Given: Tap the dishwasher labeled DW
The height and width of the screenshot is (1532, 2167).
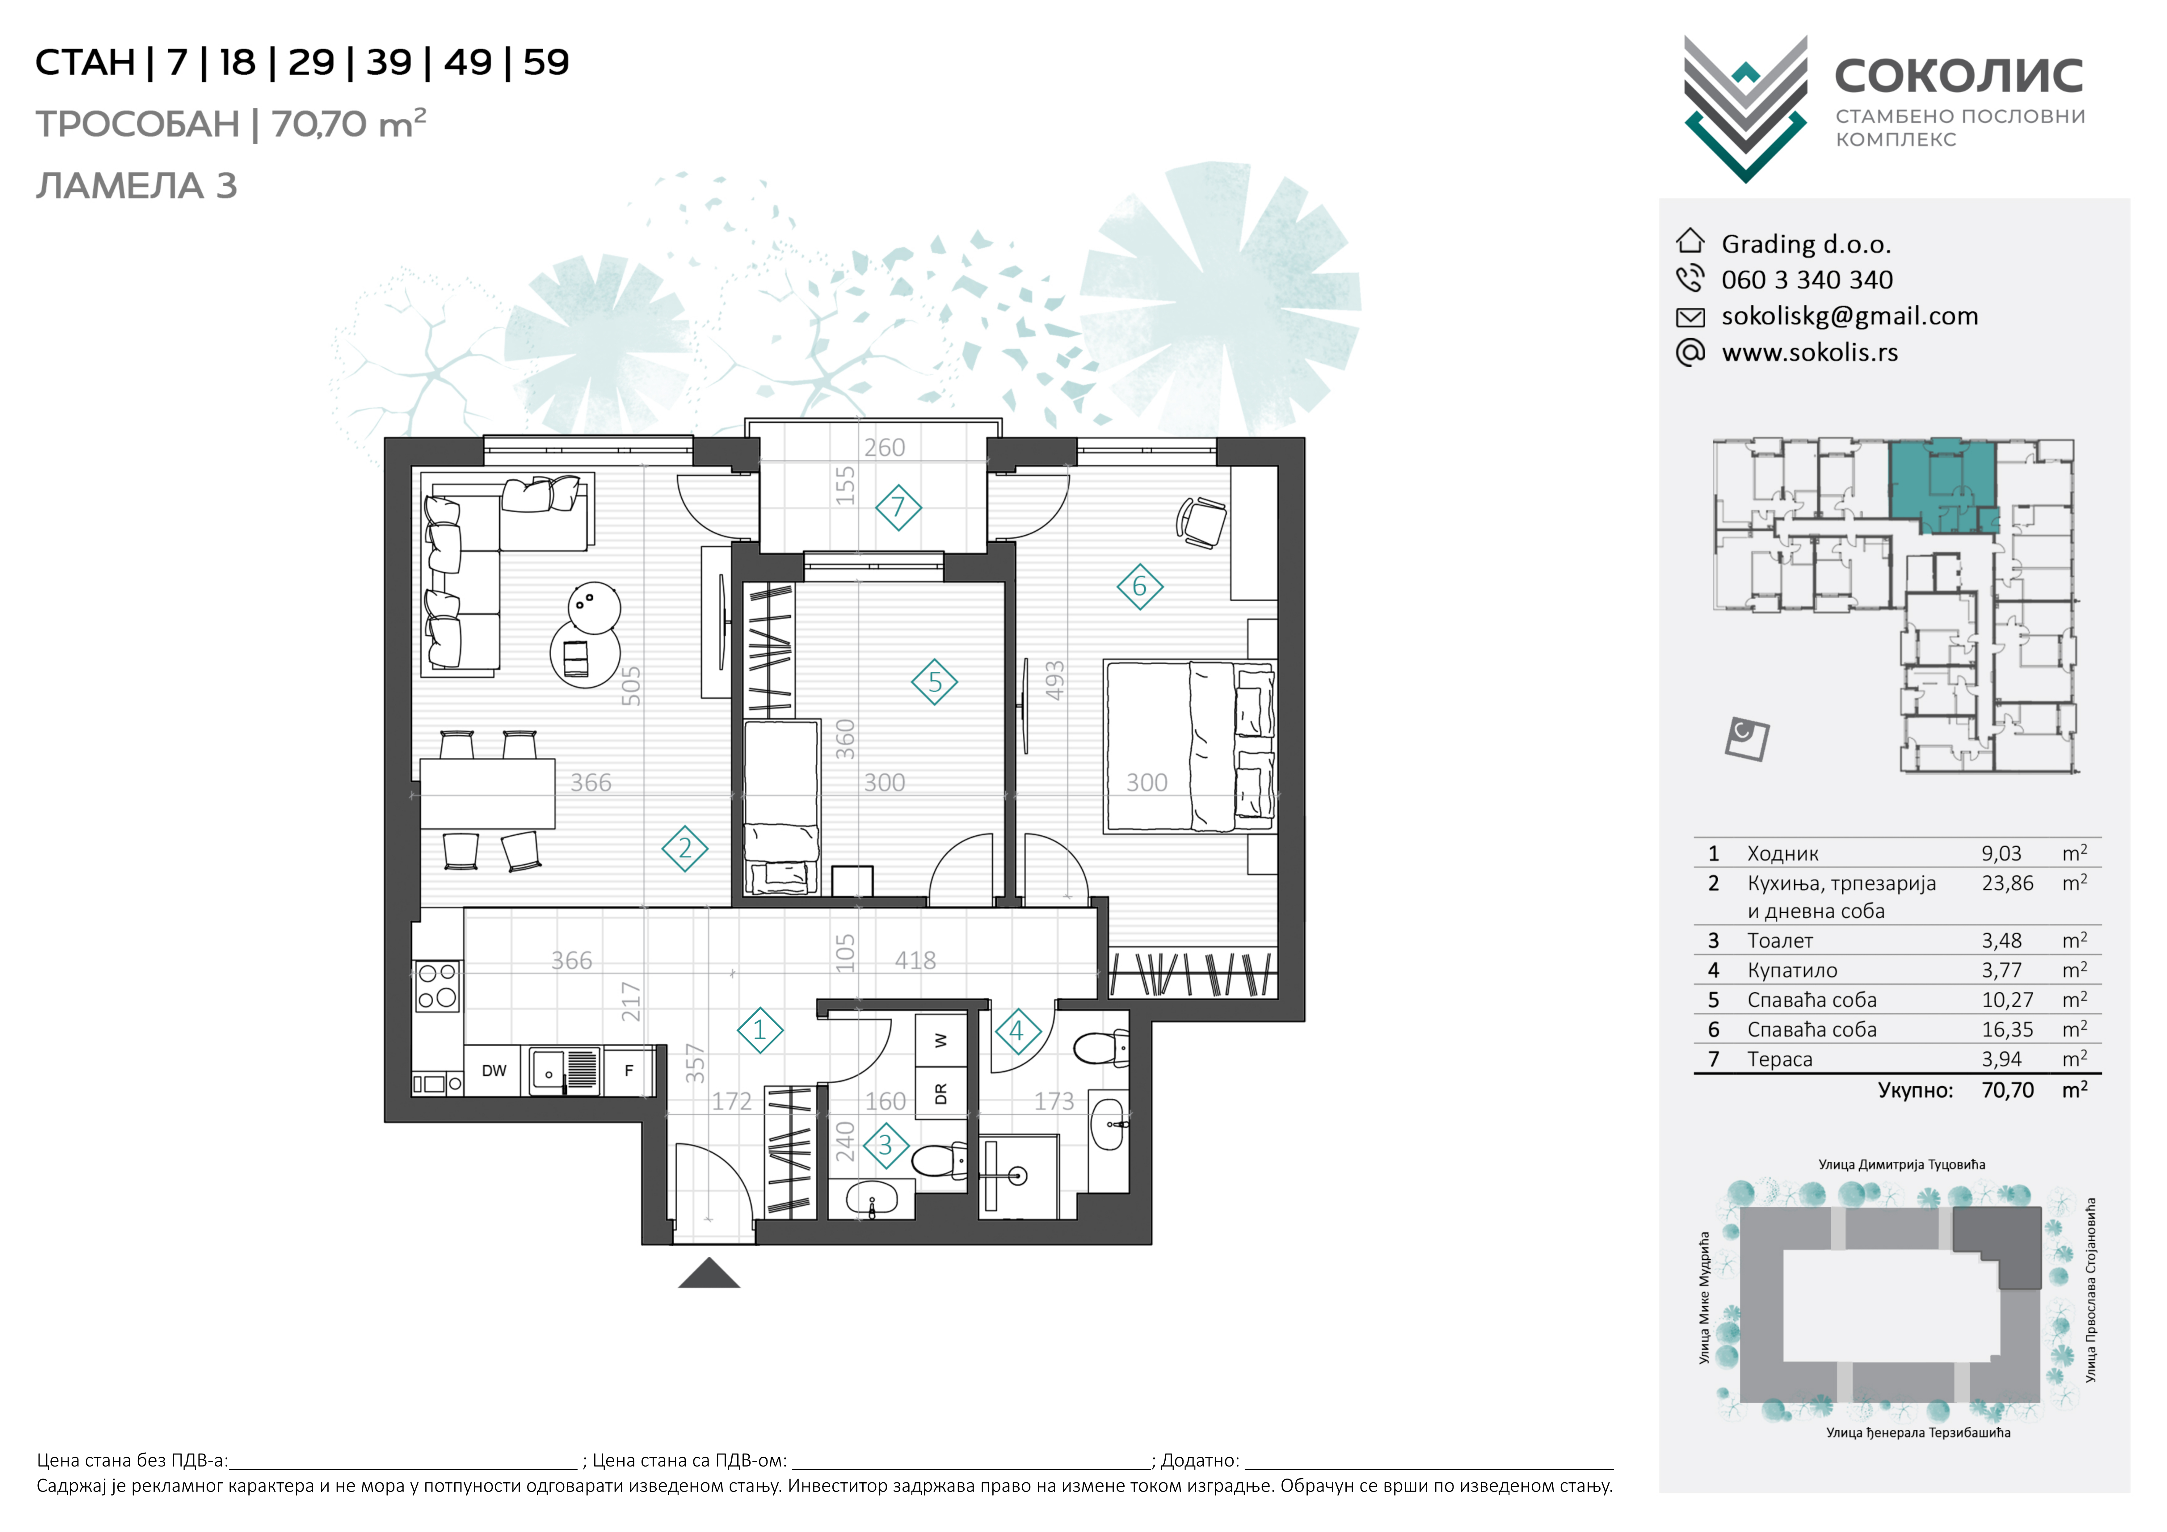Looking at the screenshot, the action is [494, 1071].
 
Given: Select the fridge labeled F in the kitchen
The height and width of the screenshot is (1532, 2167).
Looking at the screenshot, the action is [629, 1071].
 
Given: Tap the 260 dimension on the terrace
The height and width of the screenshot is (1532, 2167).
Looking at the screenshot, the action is [884, 448].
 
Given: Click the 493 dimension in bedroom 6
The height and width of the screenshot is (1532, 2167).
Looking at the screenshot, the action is [1054, 680].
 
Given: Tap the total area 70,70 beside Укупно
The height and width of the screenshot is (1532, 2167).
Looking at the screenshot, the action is [2008, 1090].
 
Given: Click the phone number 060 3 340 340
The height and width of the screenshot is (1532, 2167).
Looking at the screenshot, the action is [1807, 280].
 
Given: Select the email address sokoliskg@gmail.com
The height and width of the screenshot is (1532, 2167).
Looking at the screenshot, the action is [1849, 316].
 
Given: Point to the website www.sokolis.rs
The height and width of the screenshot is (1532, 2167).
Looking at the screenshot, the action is [1809, 352].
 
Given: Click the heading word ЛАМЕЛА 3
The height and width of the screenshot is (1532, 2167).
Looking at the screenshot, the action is [136, 186].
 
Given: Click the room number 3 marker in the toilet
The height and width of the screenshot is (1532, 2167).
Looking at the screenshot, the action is [885, 1145].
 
